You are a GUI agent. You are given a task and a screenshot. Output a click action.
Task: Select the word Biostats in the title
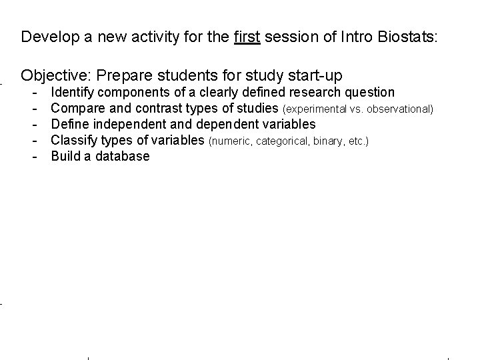tap(409, 37)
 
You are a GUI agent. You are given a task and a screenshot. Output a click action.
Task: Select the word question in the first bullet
tap(369, 92)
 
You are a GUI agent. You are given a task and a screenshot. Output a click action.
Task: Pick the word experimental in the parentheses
tap(317, 109)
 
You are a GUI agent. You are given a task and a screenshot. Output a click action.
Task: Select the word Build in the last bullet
tap(65, 157)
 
